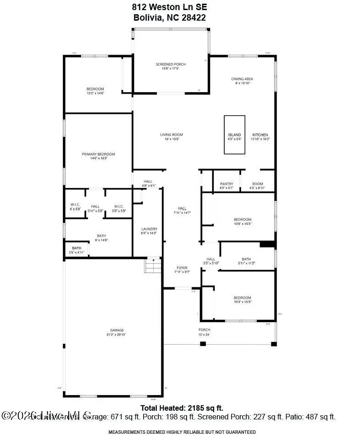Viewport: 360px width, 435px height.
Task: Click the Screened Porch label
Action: click(171, 64)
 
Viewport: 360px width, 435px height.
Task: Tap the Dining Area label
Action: click(242, 79)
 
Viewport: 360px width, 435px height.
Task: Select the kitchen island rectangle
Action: click(234, 134)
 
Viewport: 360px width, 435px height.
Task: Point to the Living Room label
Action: click(172, 134)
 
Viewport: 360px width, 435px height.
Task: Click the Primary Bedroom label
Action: click(98, 154)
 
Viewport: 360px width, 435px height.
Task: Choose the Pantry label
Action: click(227, 184)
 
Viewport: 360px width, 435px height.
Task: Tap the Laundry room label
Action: click(150, 229)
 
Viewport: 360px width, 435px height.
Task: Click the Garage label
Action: click(117, 330)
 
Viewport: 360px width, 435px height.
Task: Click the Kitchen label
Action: click(260, 134)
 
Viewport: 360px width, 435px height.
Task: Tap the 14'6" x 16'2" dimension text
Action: click(98, 159)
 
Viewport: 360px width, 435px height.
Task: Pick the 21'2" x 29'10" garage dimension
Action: click(117, 335)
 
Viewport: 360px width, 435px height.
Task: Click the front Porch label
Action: click(204, 330)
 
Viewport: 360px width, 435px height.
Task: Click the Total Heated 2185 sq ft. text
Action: click(182, 407)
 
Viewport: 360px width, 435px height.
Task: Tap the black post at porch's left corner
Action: click(203, 344)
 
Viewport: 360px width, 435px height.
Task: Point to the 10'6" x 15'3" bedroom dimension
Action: click(242, 224)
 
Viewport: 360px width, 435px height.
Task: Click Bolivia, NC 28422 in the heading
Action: click(169, 18)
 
